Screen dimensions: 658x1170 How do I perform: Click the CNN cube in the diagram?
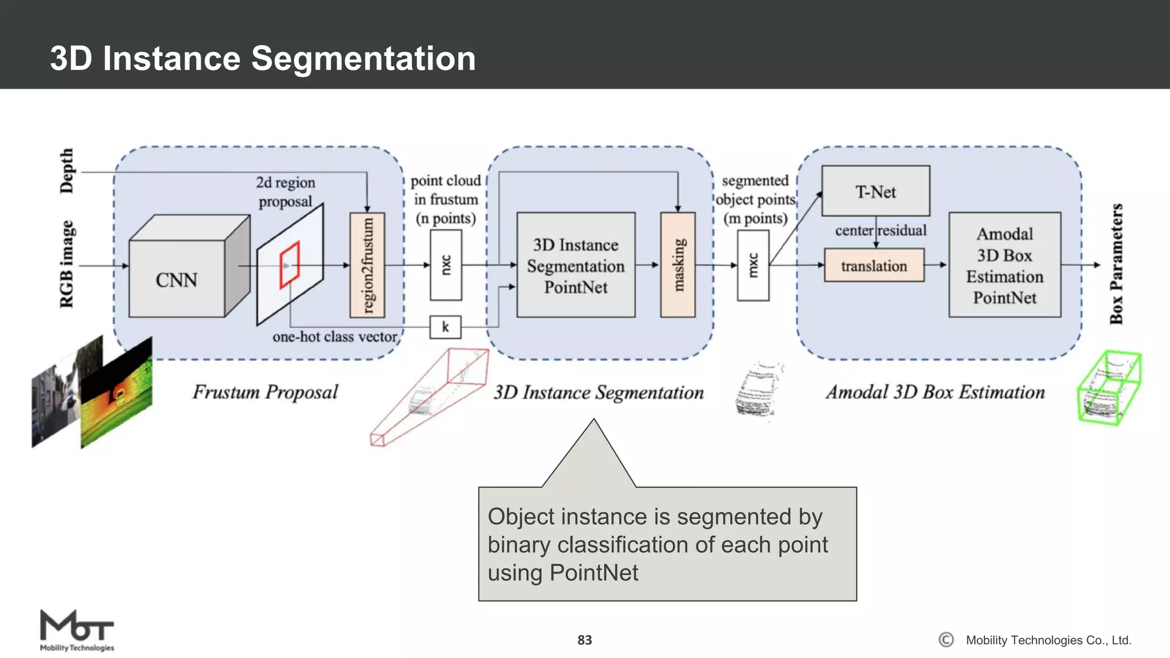point(177,278)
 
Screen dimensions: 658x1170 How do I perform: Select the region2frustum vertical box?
point(367,265)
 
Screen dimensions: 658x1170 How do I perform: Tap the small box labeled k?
point(445,327)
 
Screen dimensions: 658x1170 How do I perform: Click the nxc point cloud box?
point(446,265)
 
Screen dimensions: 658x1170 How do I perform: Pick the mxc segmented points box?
point(753,265)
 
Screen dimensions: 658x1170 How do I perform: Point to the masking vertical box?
point(678,265)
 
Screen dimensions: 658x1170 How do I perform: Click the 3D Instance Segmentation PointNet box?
point(575,265)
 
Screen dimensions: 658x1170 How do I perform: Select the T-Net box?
point(875,191)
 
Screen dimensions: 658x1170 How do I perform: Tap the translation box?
point(874,266)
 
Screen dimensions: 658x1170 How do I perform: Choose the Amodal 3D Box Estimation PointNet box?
point(1004,265)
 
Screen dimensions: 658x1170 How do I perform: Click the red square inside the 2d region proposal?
point(290,265)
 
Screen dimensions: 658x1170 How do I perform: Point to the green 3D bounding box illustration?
point(1109,388)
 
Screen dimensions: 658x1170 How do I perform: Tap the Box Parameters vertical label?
point(1116,264)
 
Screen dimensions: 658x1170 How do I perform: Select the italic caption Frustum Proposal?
point(265,392)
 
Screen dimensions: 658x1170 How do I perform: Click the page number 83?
point(584,640)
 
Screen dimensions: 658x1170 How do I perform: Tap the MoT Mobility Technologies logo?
point(77,630)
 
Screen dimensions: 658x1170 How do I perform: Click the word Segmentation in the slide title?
point(363,58)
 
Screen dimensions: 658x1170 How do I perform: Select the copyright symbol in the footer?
point(946,640)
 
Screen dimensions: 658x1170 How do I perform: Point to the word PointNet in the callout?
point(594,572)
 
